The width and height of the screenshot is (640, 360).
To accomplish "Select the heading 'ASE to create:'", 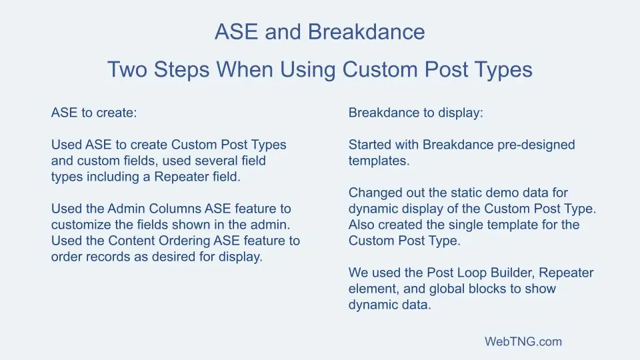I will pos(93,113).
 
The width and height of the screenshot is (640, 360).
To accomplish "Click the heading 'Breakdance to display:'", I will pos(415,113).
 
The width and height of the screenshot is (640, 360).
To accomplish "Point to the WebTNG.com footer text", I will pos(523,342).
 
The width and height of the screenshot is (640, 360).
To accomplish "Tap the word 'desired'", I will pos(174,257).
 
